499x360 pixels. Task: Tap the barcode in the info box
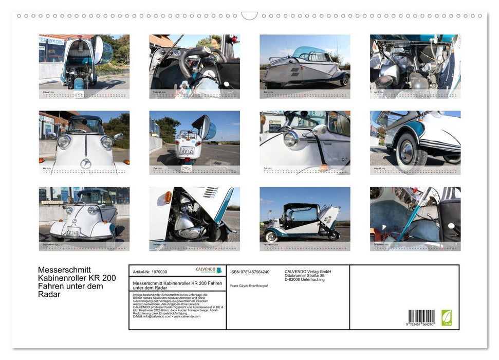421,317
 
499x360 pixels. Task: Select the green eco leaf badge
447,317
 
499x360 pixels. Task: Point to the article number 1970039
157,272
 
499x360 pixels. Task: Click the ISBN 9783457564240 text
250,272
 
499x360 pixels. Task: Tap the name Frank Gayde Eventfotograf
249,285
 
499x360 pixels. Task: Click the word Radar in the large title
49,295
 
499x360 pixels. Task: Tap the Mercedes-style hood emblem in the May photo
85,164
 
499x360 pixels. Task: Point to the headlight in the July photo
291,139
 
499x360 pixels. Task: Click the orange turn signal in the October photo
167,196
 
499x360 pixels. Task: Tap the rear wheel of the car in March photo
344,80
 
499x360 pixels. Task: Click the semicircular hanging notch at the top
249,16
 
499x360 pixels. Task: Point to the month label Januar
47,92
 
